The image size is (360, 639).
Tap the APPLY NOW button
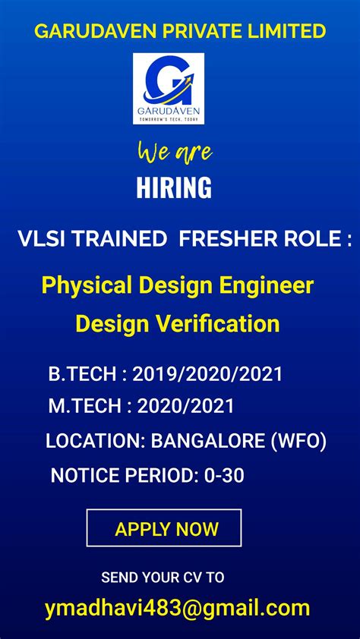click(165, 529)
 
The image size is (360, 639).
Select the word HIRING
click(174, 187)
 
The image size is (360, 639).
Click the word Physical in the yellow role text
click(85, 286)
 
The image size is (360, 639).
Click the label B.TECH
click(81, 373)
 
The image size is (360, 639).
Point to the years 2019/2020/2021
click(207, 373)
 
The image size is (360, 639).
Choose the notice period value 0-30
click(224, 476)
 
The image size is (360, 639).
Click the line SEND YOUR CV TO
click(163, 578)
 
